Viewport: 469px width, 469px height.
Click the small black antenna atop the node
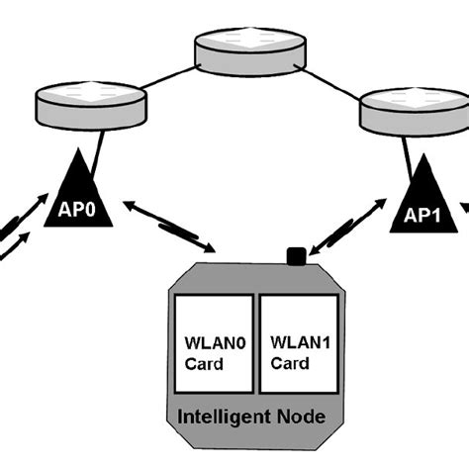(x=294, y=258)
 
